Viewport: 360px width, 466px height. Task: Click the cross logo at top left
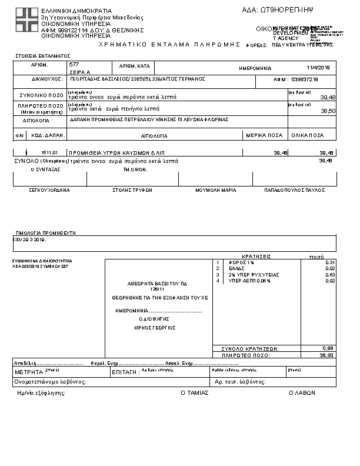(26, 21)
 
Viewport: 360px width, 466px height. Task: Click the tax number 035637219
(305, 79)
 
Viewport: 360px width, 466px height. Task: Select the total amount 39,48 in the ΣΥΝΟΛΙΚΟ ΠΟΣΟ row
(327, 97)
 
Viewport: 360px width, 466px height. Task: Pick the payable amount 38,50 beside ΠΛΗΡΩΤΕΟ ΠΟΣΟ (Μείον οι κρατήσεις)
(327, 111)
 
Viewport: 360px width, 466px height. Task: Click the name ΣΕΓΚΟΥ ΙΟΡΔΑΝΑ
(49, 191)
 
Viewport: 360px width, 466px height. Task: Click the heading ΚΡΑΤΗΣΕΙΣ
(256, 257)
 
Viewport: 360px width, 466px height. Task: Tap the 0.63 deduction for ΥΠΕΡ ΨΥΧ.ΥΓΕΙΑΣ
(329, 274)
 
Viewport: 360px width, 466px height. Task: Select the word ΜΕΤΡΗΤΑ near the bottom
(29, 372)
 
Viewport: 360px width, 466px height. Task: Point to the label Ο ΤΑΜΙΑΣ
(194, 392)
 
